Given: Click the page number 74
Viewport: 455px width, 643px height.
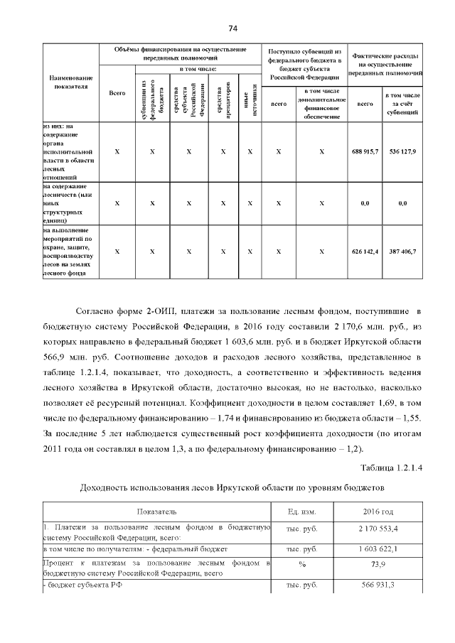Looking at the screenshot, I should pyautogui.click(x=232, y=28).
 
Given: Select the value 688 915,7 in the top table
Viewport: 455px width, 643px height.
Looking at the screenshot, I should pyautogui.click(x=365, y=152).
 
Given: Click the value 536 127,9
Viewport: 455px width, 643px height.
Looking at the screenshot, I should pyautogui.click(x=402, y=152).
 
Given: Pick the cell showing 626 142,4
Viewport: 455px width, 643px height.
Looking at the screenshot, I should pyautogui.click(x=365, y=252).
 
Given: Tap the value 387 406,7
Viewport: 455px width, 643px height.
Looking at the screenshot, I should pyautogui.click(x=402, y=252).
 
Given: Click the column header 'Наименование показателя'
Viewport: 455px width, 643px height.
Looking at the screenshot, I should pyautogui.click(x=70, y=82).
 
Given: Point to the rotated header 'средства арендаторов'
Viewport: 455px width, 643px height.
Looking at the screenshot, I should pyautogui.click(x=223, y=97).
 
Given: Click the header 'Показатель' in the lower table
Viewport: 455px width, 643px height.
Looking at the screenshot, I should pyautogui.click(x=157, y=512).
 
